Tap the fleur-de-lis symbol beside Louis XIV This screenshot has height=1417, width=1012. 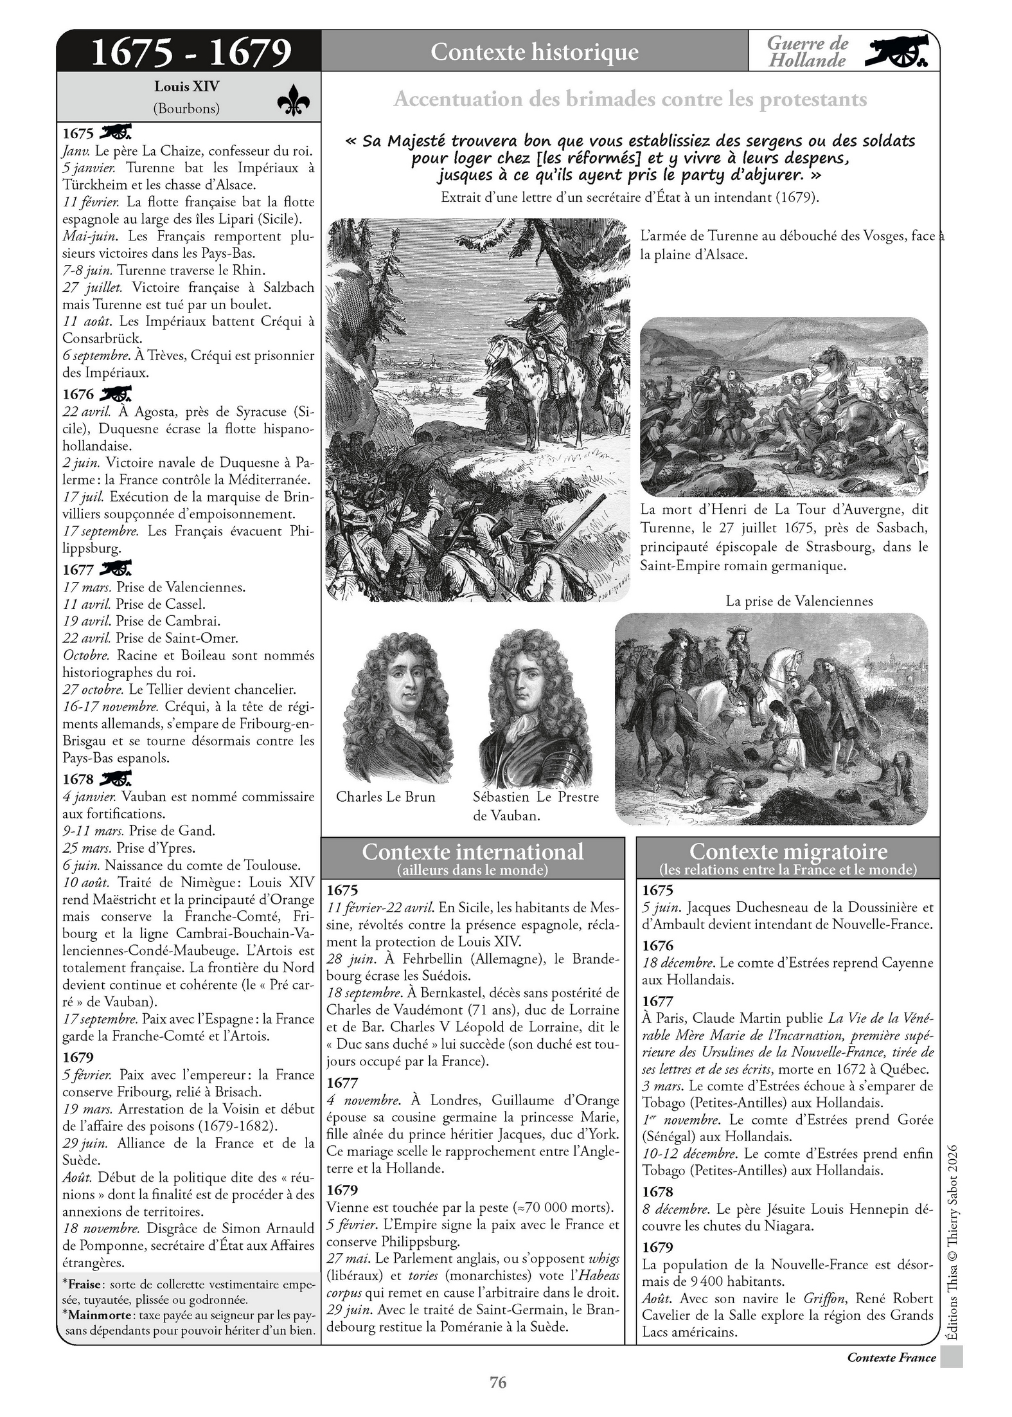click(294, 100)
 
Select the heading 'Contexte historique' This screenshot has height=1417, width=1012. click(534, 51)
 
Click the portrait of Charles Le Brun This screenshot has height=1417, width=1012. click(393, 707)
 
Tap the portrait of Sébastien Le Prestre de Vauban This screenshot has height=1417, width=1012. click(535, 707)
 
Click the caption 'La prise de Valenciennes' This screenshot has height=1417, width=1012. click(799, 601)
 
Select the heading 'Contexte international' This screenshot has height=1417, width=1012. click(472, 851)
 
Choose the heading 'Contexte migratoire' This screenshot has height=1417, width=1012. click(788, 851)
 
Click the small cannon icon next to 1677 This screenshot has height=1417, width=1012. click(116, 569)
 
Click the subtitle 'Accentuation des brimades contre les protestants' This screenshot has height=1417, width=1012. click(630, 100)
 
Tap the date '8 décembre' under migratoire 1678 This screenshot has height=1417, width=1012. click(679, 1209)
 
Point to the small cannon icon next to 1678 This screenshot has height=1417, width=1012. click(116, 779)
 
